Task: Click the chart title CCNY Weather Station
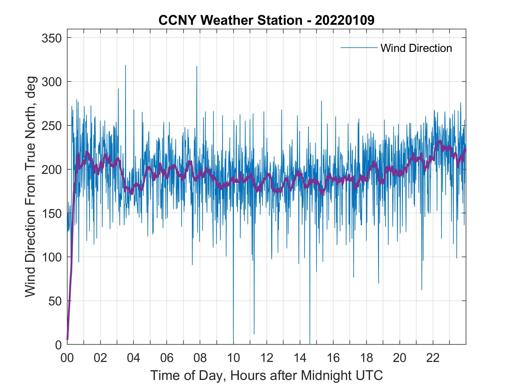(230, 20)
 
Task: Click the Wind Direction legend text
(416, 48)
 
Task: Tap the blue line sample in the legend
(359, 47)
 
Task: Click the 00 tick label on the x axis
(67, 358)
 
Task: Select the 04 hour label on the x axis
(134, 358)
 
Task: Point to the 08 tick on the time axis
(200, 358)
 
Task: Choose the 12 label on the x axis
(267, 358)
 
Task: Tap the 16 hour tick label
(333, 358)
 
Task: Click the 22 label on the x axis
(433, 358)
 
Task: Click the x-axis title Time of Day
(267, 376)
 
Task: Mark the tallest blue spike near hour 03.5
(126, 66)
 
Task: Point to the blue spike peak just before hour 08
(197, 67)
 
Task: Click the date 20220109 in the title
(345, 20)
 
